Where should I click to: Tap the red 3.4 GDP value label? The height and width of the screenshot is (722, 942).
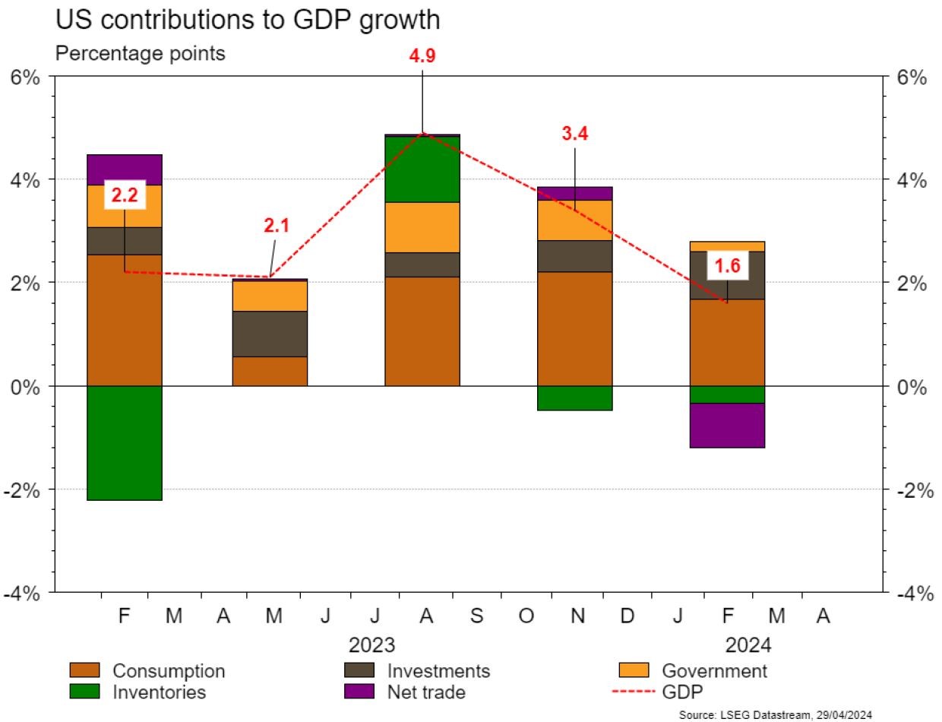tap(574, 135)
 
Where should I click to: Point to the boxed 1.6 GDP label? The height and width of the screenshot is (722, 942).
tap(726, 265)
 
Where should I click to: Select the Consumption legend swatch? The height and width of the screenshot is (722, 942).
tap(84, 671)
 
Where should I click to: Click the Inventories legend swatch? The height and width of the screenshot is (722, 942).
tap(84, 692)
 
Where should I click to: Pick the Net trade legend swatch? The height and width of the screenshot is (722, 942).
tap(359, 692)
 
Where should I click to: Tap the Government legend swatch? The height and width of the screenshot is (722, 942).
tap(634, 671)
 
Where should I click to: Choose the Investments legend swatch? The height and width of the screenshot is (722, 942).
tap(359, 671)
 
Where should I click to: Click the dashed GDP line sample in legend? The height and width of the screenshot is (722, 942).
tap(634, 692)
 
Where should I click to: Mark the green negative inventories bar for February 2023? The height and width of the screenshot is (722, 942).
tap(125, 443)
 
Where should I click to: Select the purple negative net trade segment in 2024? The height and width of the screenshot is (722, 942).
tap(726, 426)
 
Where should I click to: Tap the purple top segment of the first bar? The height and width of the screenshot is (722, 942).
tap(125, 169)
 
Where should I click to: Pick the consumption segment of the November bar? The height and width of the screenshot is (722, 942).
tap(574, 328)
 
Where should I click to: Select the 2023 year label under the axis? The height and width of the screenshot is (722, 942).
tap(371, 646)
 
